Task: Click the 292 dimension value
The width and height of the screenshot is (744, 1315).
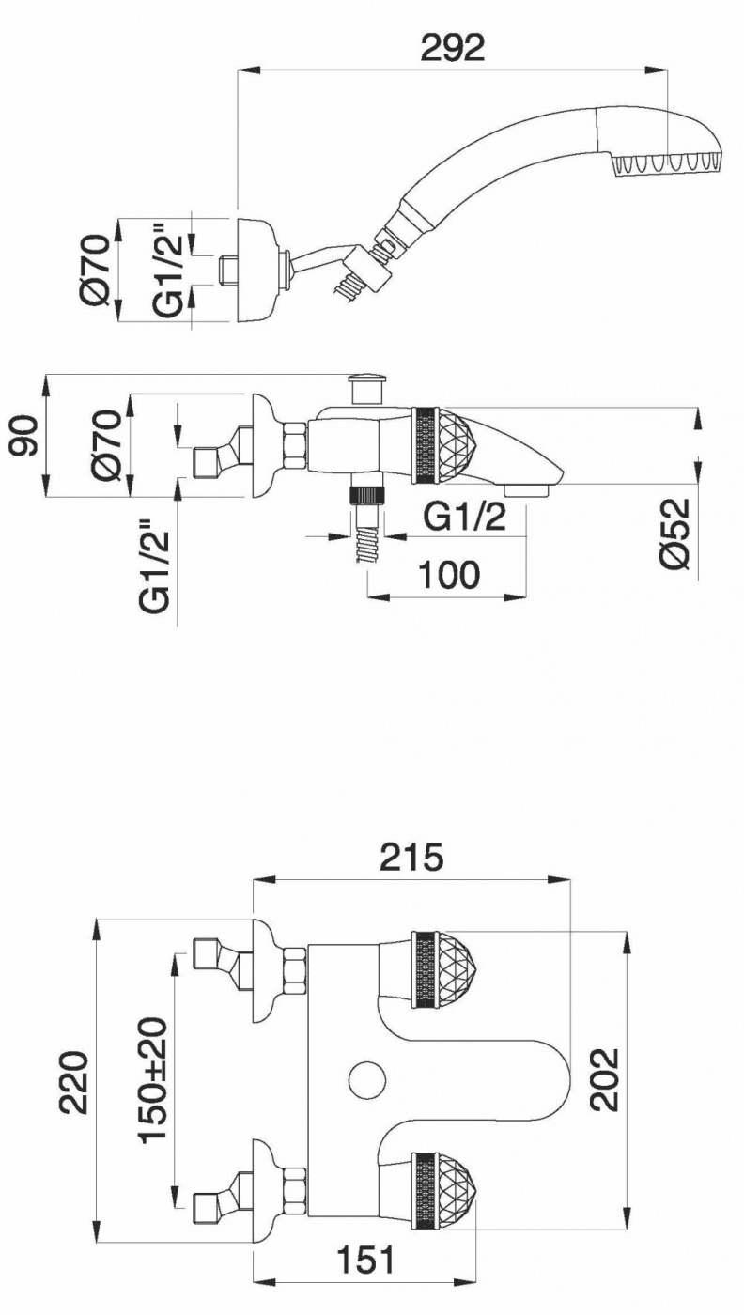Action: pos(453,47)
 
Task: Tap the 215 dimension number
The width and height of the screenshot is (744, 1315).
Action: pos(411,857)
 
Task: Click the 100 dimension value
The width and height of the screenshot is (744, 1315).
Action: pos(449,574)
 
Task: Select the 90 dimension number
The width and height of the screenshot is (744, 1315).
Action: pos(25,437)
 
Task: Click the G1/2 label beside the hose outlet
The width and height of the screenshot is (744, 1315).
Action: pos(464,518)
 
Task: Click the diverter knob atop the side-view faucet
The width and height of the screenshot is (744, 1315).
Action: pos(366,388)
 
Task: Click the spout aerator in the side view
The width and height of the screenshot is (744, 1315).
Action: pos(527,489)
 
